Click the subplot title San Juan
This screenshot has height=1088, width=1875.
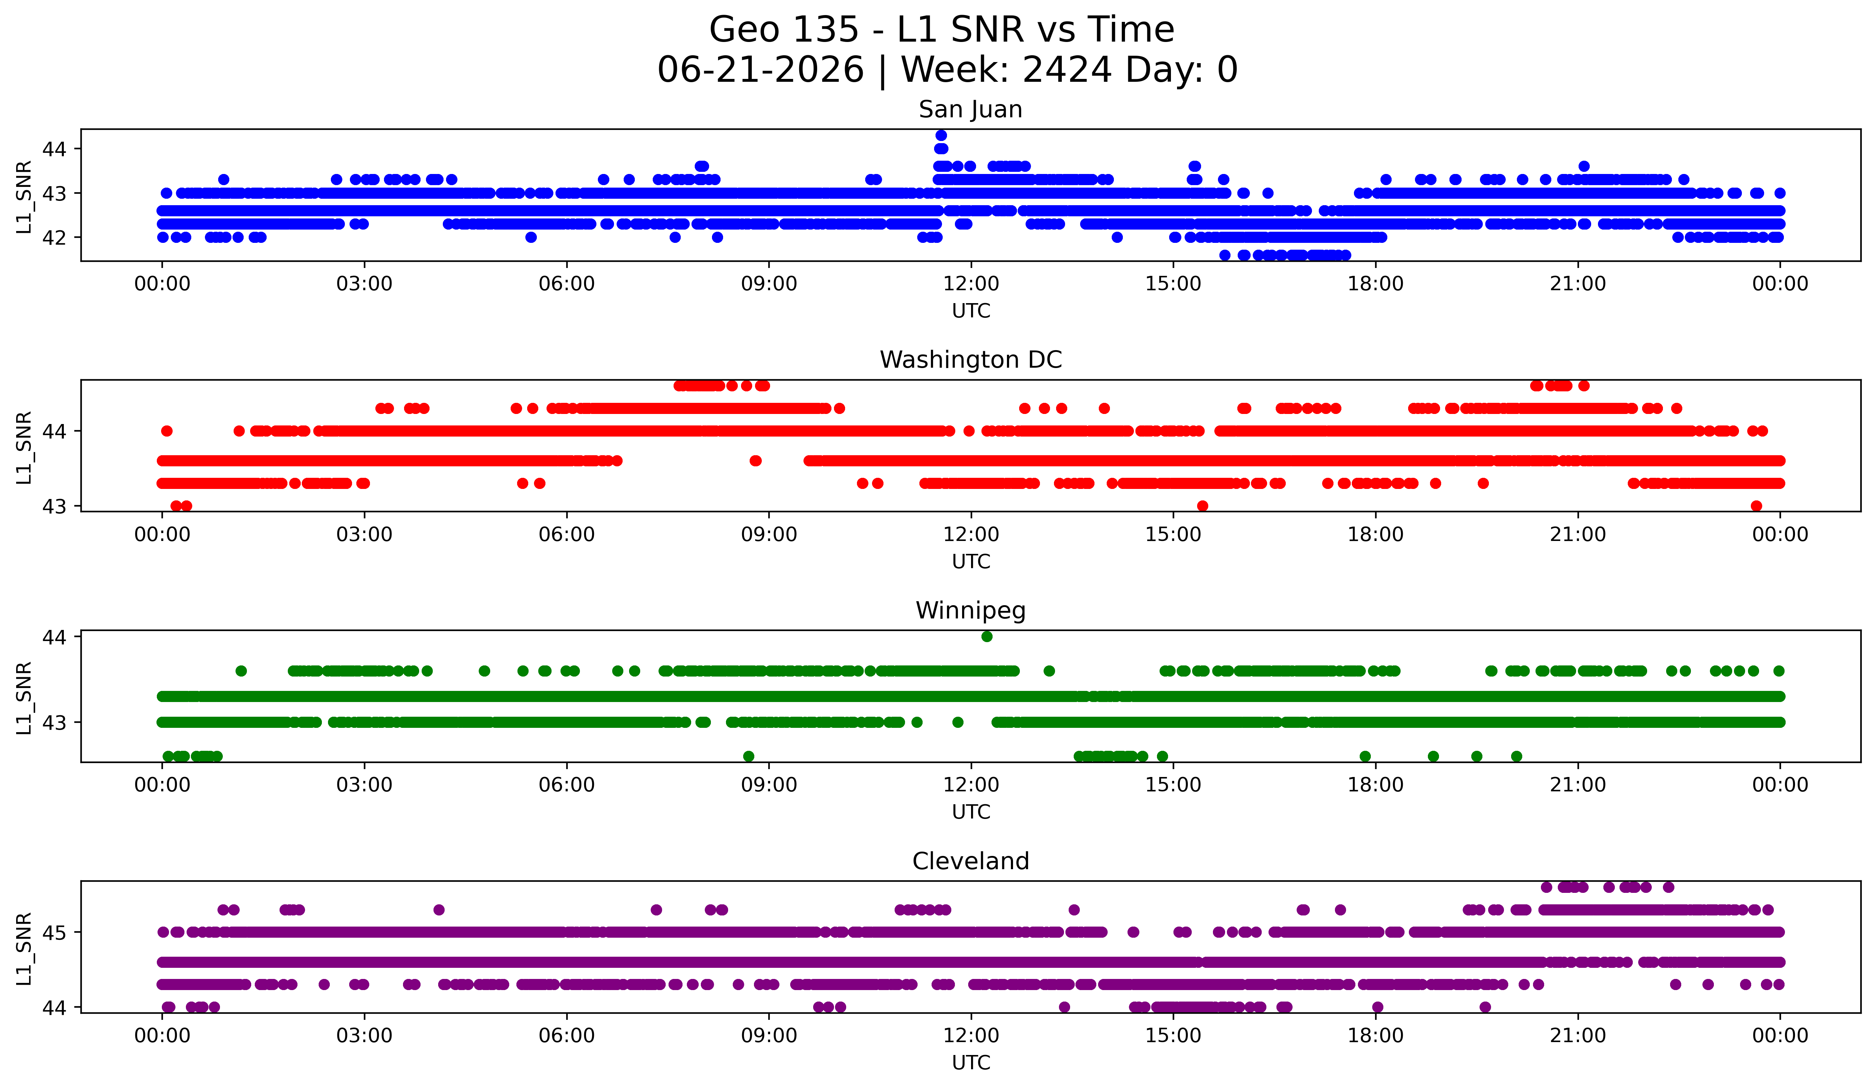tap(970, 109)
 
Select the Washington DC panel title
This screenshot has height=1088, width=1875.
tap(970, 360)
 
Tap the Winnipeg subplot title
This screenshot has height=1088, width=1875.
tap(970, 611)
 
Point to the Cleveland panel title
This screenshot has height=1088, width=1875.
tap(970, 861)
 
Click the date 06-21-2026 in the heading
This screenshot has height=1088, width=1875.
tap(760, 70)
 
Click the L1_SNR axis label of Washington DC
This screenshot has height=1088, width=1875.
tap(24, 448)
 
